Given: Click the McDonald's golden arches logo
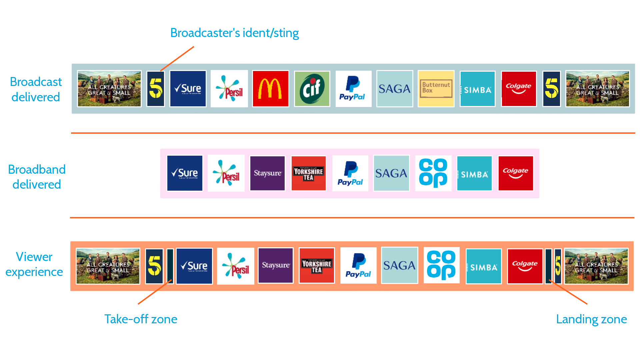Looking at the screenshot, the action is (270, 89).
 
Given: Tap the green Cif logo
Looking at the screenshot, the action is (312, 89).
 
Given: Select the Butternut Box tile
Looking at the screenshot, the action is (436, 89).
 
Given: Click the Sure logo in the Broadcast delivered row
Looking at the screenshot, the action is (188, 89).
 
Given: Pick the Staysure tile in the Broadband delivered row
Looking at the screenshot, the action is (267, 173).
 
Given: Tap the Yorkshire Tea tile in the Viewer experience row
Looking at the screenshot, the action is (317, 266).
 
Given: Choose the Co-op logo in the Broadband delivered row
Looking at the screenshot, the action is (433, 173).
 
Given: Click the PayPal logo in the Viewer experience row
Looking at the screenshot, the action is (358, 266).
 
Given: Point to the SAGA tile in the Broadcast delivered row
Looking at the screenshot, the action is (395, 89).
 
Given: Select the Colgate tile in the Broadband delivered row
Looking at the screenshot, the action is (516, 173).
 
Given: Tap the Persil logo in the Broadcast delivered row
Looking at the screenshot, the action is (229, 89).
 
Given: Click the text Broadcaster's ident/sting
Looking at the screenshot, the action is (234, 33).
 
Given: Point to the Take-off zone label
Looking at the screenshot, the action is (141, 319).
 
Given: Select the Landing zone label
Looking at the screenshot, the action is (592, 319).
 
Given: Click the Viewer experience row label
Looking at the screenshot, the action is (34, 264).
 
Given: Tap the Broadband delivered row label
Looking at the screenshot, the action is (37, 177).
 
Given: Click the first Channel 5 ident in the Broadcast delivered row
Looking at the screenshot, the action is (156, 89).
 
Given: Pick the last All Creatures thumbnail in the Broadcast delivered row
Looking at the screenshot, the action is (598, 89).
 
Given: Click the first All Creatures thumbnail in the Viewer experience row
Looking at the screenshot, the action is (108, 266).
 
